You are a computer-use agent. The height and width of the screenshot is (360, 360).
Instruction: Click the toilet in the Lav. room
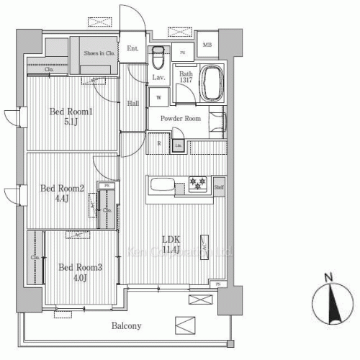158,55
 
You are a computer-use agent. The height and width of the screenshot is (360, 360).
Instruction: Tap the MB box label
207,46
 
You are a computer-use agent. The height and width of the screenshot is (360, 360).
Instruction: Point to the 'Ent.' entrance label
133,49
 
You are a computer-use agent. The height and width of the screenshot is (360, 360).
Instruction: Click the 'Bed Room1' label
72,112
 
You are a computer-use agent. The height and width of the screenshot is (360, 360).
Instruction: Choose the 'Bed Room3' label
81,267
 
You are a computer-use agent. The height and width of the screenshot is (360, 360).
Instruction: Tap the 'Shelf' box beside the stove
218,187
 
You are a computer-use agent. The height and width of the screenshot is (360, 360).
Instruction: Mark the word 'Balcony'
126,326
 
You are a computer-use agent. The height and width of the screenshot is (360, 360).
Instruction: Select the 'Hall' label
134,104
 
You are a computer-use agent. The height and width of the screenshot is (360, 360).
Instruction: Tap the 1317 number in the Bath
186,81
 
